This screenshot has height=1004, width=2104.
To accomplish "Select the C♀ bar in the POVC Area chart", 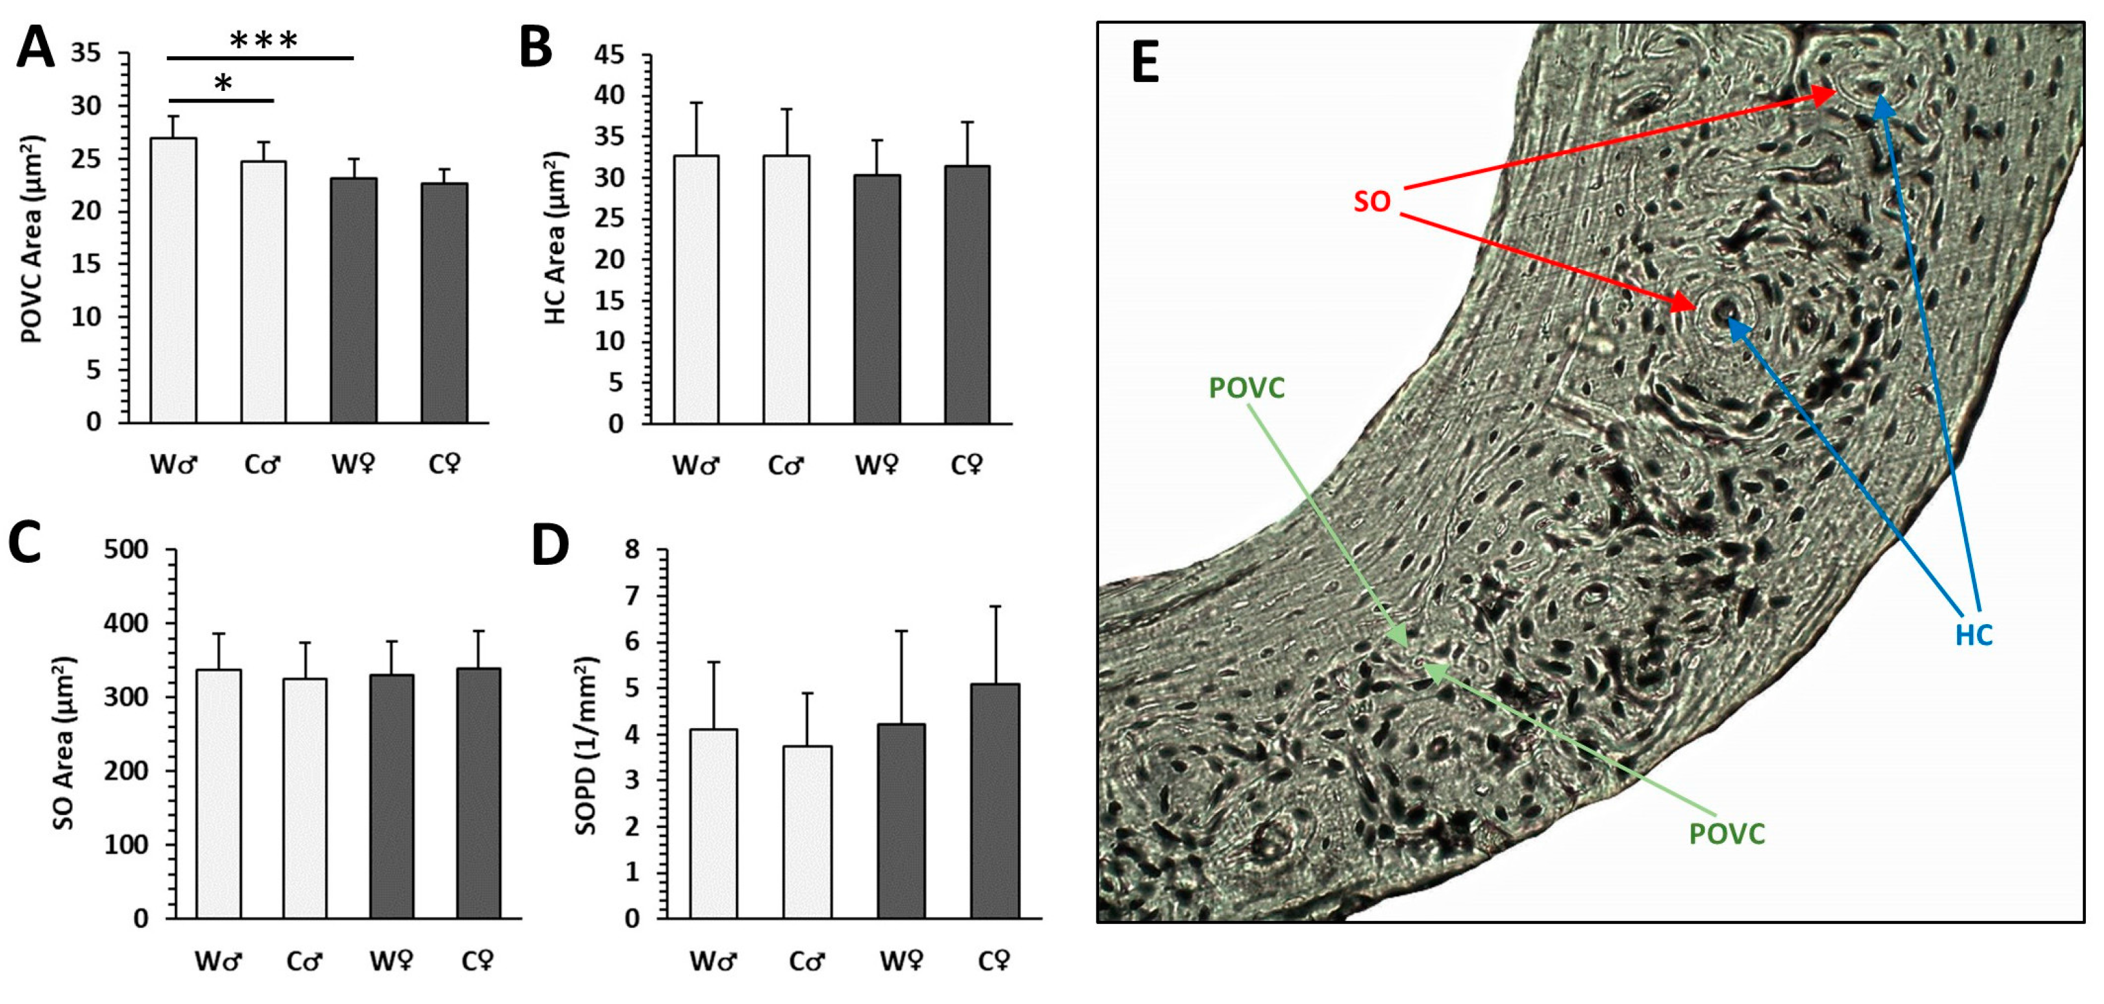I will click(x=444, y=303).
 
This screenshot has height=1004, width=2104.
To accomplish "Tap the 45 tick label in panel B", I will click(x=610, y=55).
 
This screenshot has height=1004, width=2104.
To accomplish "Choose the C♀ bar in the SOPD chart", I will click(x=994, y=801).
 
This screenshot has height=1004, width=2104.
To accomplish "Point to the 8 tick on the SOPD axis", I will click(x=632, y=550).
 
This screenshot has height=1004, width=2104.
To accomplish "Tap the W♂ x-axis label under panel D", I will click(x=712, y=961).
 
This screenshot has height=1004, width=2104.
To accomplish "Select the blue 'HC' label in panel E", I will click(x=1973, y=635).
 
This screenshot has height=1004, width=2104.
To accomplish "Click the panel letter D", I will click(x=550, y=546).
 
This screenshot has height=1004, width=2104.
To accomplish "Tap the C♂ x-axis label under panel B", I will click(x=786, y=466).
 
